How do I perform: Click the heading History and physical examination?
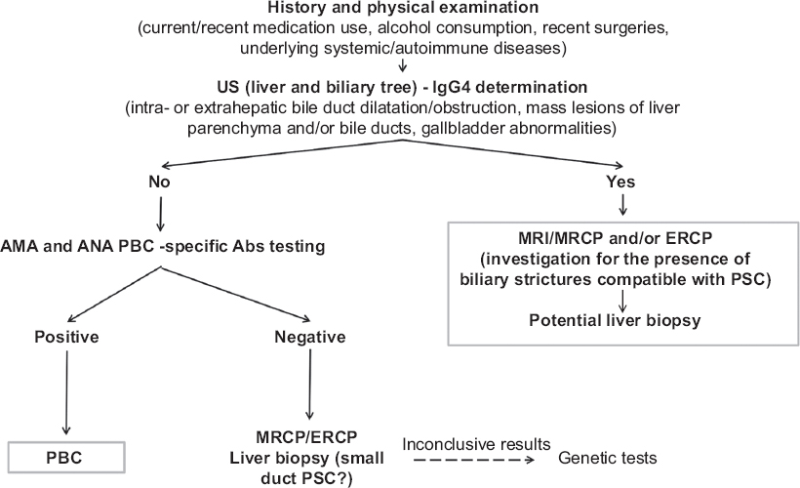tap(399, 9)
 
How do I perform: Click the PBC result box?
tap(67, 457)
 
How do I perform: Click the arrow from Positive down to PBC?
tap(67, 389)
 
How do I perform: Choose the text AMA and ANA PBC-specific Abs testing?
tap(163, 245)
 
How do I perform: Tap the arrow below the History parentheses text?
tap(399, 67)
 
